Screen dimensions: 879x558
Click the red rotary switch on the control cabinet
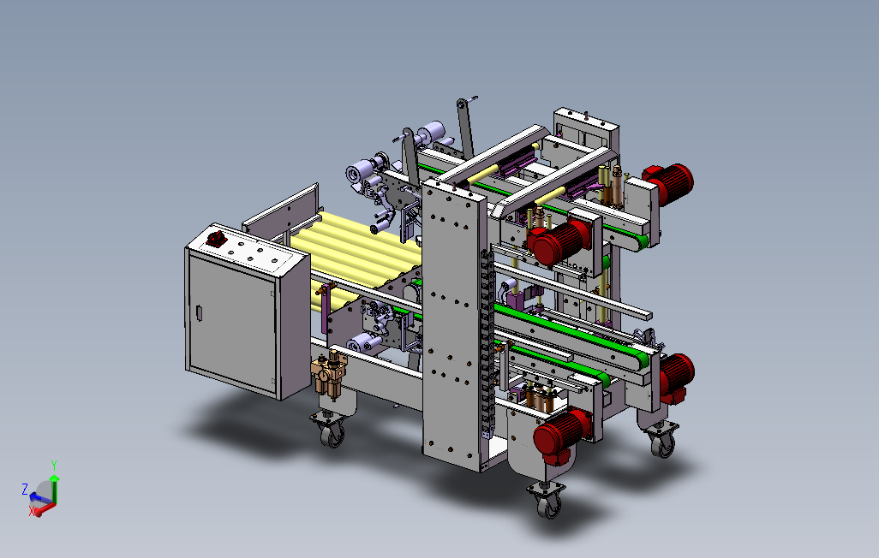215,239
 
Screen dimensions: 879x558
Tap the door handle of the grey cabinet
199,313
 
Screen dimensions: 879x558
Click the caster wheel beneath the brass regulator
333,434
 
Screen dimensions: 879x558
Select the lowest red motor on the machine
562,436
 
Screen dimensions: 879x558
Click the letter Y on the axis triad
54,466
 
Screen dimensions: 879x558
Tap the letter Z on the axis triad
25,489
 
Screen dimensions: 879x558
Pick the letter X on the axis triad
32,511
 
